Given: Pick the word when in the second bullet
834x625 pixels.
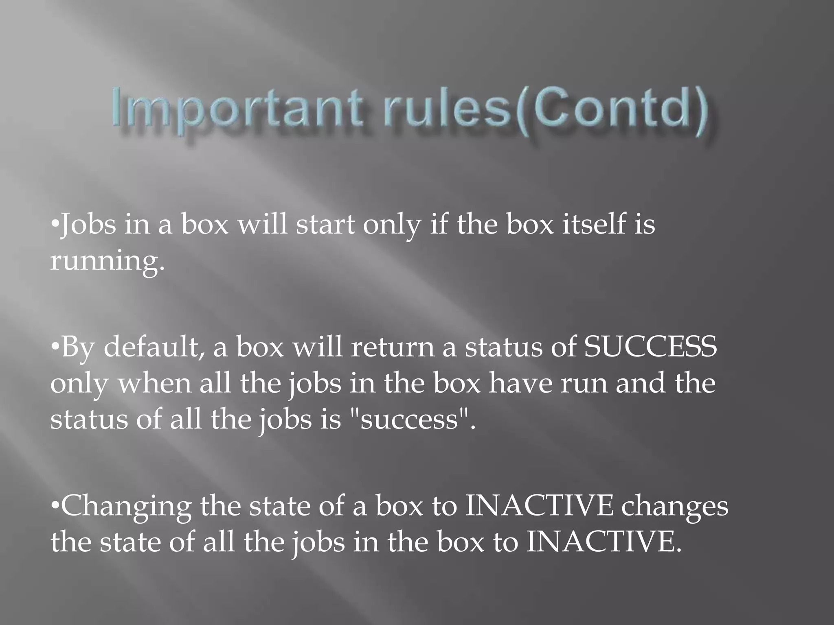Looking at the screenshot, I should point(154,384).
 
